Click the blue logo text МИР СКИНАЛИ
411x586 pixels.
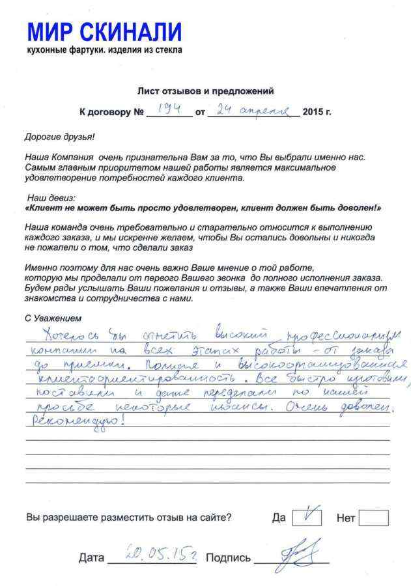[104, 31]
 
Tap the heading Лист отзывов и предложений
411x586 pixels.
[205, 91]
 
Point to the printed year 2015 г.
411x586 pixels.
[317, 112]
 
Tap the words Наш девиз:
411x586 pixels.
[51, 197]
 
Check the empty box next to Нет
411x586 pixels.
[373, 518]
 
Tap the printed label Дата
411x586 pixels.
[91, 558]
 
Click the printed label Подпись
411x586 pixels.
[228, 558]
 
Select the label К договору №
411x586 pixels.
[111, 112]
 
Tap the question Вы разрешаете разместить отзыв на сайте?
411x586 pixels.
[128, 518]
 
